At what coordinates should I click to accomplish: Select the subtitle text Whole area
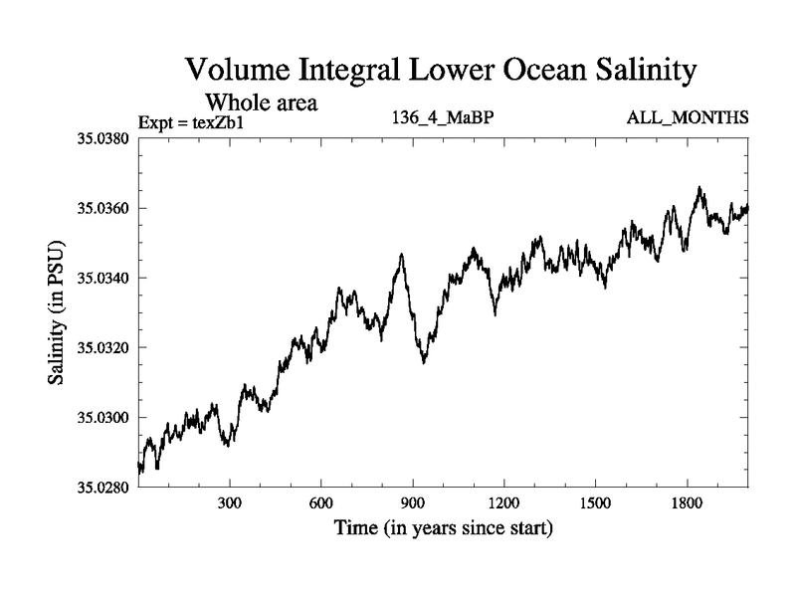pos(261,101)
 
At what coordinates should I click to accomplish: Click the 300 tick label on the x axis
pos(230,503)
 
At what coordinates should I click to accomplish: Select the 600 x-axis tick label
pos(321,503)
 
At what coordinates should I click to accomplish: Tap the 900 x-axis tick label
pos(413,503)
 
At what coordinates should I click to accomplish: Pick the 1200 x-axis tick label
pos(504,503)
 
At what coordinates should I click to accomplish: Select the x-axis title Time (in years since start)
pos(443,528)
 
